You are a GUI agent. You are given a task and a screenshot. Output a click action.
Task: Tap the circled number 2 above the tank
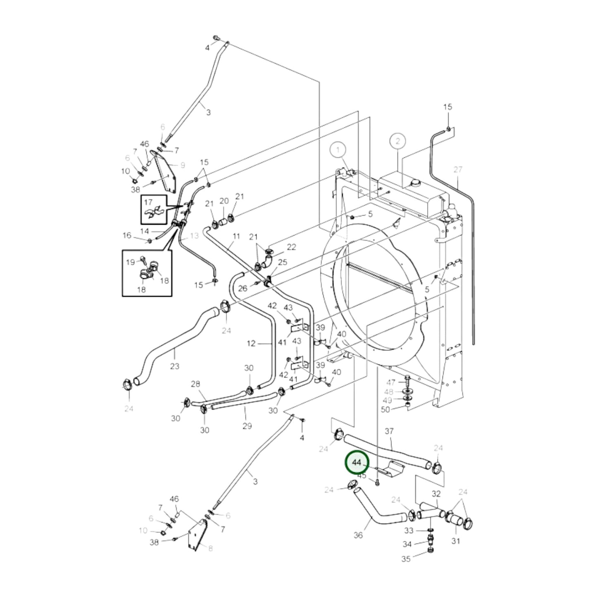397,141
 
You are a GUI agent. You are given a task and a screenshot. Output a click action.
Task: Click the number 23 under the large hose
175,366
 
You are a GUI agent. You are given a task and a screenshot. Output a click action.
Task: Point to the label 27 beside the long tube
458,169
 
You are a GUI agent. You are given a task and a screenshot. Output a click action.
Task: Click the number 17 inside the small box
148,202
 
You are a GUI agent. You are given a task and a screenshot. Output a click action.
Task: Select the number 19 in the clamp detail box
130,262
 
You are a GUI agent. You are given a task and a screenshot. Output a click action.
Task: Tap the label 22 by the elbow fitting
291,247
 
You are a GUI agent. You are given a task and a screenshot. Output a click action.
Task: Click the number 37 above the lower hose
389,431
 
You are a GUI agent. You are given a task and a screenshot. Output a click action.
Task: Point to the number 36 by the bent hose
358,535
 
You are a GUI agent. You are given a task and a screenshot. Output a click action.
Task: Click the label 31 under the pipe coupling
456,541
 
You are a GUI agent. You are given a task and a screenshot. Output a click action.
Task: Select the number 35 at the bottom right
406,559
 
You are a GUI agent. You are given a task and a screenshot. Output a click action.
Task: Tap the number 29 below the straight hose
247,426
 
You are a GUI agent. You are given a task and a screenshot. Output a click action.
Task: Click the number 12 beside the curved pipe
251,343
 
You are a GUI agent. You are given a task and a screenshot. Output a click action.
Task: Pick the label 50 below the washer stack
385,409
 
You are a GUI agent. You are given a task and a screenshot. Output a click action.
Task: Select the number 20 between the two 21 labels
224,201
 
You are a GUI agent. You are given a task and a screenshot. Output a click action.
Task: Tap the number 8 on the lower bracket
210,548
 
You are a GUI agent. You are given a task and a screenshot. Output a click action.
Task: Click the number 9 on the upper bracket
182,165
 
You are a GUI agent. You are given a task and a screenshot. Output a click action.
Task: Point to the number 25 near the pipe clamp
283,262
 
